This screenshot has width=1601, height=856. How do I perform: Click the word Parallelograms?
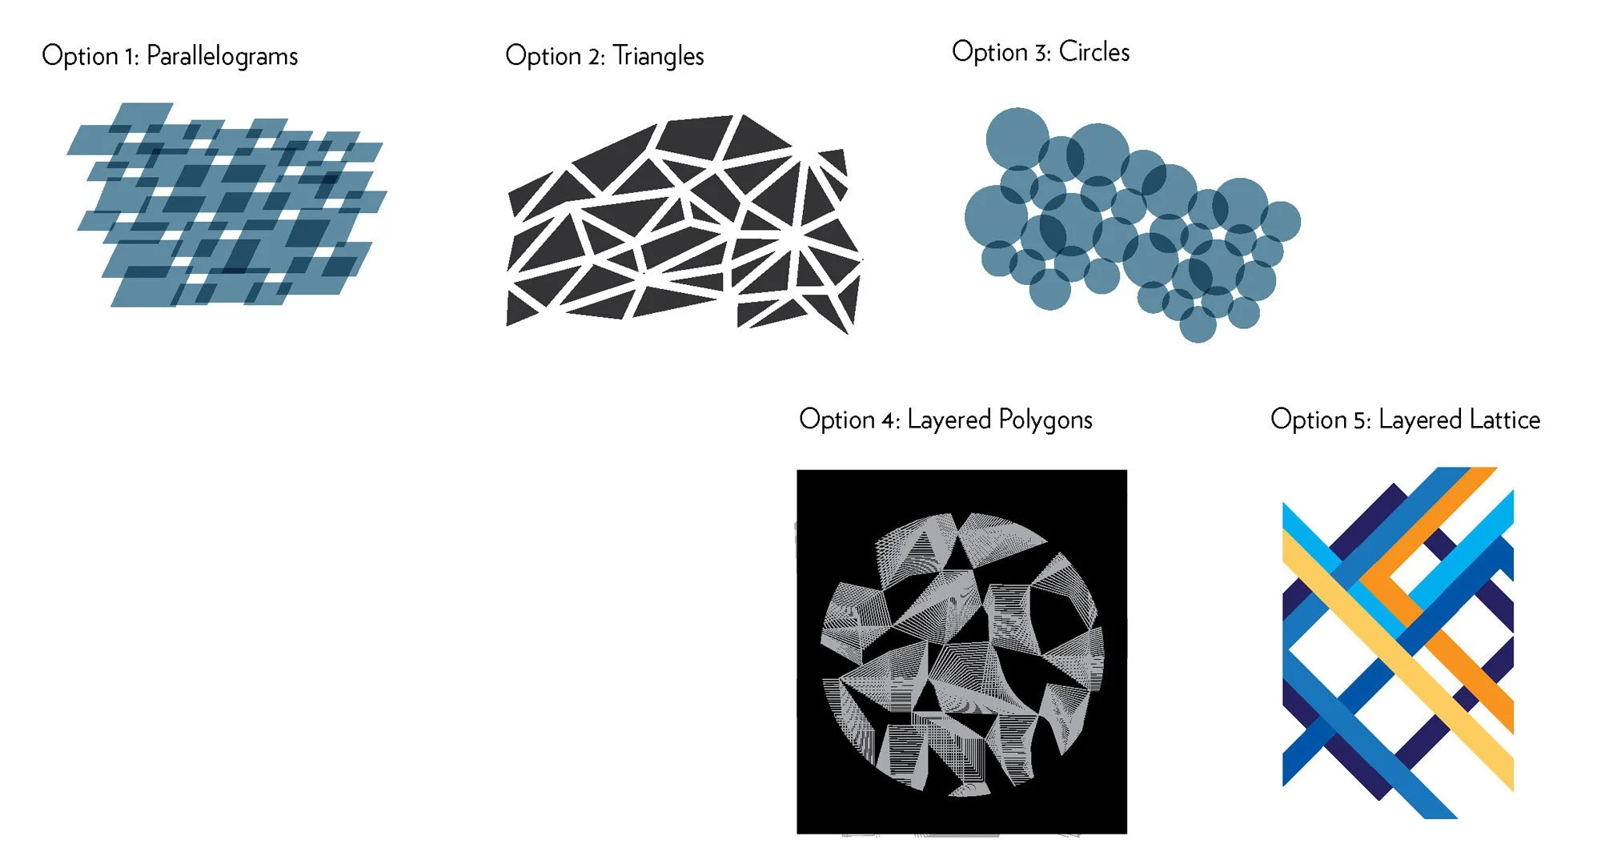[222, 56]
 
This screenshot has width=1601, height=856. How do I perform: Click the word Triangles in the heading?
[658, 56]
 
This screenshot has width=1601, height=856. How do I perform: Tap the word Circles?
[1093, 52]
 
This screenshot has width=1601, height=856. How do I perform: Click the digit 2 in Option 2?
[595, 57]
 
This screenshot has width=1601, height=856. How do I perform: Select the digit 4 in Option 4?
[889, 420]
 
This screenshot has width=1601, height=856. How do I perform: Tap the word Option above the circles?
[989, 52]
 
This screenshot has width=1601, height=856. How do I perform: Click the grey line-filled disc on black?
[961, 653]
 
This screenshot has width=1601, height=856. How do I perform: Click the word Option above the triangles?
[543, 56]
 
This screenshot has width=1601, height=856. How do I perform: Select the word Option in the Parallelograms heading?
[79, 56]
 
